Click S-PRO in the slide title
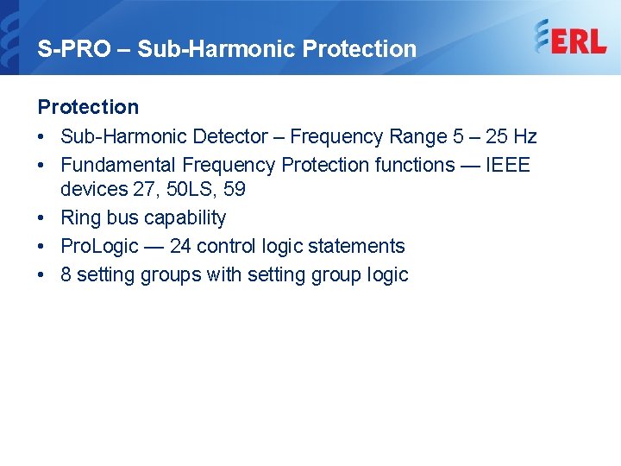[74, 48]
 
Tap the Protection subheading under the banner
[88, 107]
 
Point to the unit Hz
[524, 136]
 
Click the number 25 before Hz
[497, 136]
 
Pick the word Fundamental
[118, 165]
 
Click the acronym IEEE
[508, 165]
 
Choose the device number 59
[235, 189]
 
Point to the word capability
[185, 218]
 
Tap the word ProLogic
[100, 246]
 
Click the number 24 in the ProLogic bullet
[180, 246]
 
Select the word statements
[356, 246]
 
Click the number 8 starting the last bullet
[66, 274]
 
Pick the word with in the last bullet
[223, 274]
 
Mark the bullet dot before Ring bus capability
[41, 218]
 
